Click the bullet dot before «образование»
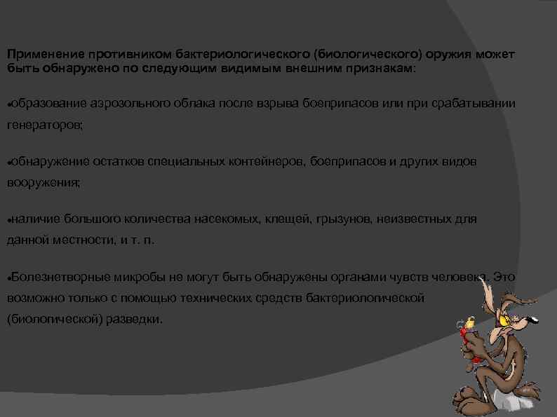click(8, 104)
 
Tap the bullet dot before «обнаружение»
click(8, 162)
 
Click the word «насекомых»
click(227, 219)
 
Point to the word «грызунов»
click(342, 219)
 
